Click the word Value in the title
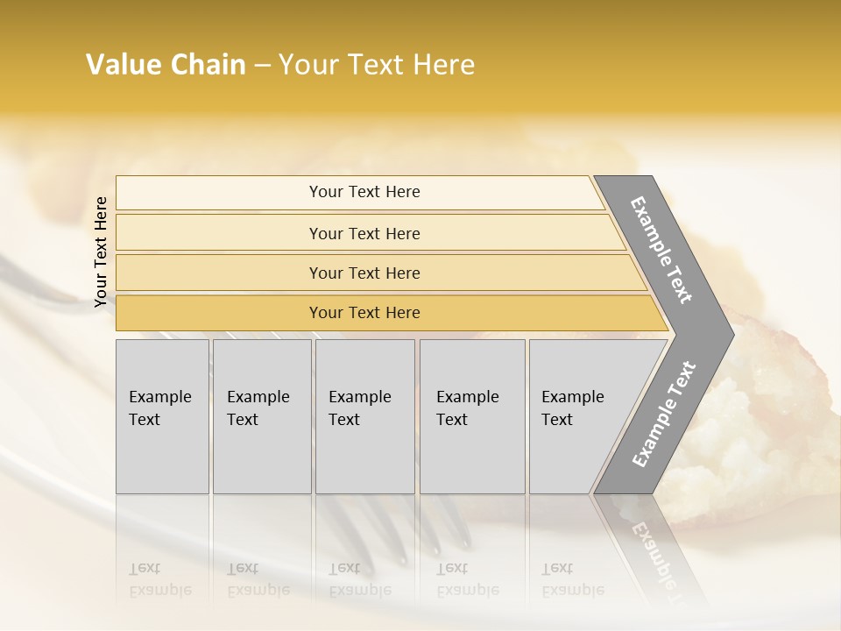(x=124, y=65)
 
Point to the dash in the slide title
(x=262, y=66)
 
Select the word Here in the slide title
(x=443, y=65)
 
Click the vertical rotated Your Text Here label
(x=101, y=252)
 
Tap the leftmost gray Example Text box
(x=162, y=416)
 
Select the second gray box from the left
(x=261, y=416)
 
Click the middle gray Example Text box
(x=364, y=416)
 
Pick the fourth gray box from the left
(x=472, y=416)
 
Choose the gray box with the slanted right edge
(x=578, y=416)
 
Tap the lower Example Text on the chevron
(x=663, y=414)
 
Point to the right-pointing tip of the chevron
(x=732, y=334)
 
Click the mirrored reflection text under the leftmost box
(x=160, y=579)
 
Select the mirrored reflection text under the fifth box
(x=573, y=579)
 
